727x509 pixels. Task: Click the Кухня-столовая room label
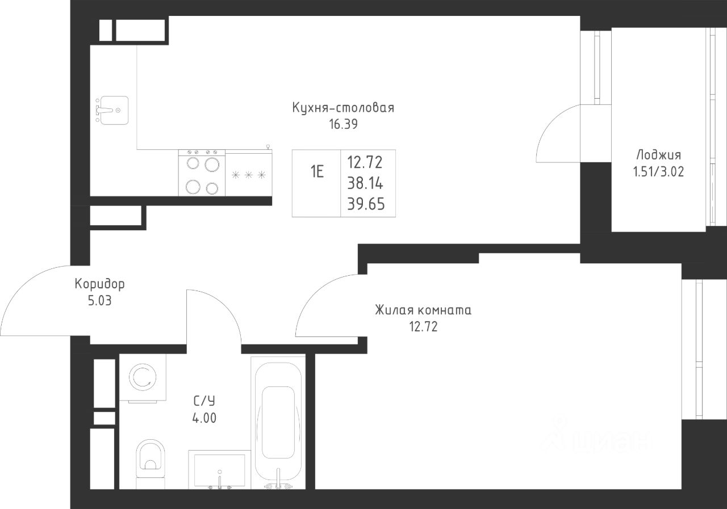click(x=343, y=108)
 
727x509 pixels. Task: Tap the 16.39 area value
click(x=344, y=124)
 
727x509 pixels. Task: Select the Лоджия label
click(x=658, y=155)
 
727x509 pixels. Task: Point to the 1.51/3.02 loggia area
click(x=658, y=172)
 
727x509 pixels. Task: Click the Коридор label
click(x=99, y=284)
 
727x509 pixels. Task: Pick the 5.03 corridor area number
click(x=99, y=301)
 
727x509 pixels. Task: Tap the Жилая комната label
click(x=423, y=310)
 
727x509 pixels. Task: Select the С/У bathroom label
click(x=204, y=401)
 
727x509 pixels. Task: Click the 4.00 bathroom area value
click(x=204, y=418)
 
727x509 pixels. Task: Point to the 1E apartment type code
click(x=317, y=172)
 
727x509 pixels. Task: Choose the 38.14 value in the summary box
click(x=365, y=183)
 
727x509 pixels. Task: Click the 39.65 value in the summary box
click(x=366, y=204)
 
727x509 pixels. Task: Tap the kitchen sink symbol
click(x=112, y=110)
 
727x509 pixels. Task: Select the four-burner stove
click(x=202, y=173)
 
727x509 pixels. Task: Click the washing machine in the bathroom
click(x=143, y=377)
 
